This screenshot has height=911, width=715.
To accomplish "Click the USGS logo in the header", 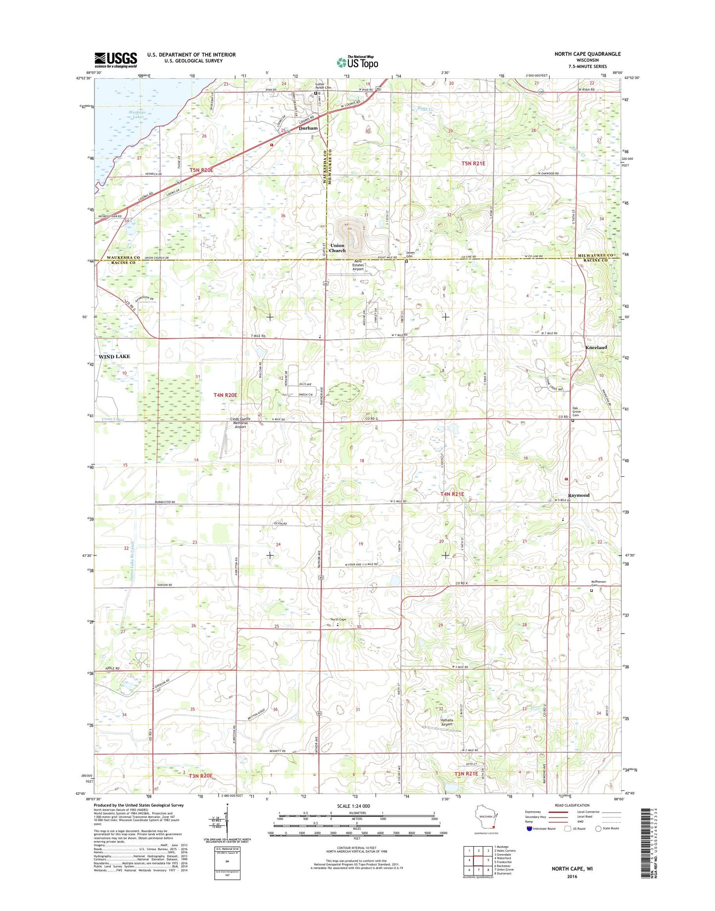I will tap(116, 60).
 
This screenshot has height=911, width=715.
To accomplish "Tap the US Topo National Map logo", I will tap(357, 62).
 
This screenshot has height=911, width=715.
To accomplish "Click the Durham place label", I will tap(308, 128).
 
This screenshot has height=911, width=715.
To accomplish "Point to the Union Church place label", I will tap(337, 248).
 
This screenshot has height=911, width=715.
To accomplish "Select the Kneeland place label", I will tap(596, 348).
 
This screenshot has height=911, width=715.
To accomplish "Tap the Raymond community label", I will tap(578, 495).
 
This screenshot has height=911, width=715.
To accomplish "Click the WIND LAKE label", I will tap(114, 357).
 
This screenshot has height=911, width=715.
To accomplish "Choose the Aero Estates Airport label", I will tap(358, 265).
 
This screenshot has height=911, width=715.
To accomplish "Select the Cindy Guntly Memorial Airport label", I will tap(240, 423).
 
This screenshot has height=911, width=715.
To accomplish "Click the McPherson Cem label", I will tap(599, 583).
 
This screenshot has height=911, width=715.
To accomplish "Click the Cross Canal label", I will tap(113, 419).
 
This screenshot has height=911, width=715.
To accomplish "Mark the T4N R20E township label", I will tap(225, 395).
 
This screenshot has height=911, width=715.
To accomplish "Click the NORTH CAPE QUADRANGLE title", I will tap(587, 54).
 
